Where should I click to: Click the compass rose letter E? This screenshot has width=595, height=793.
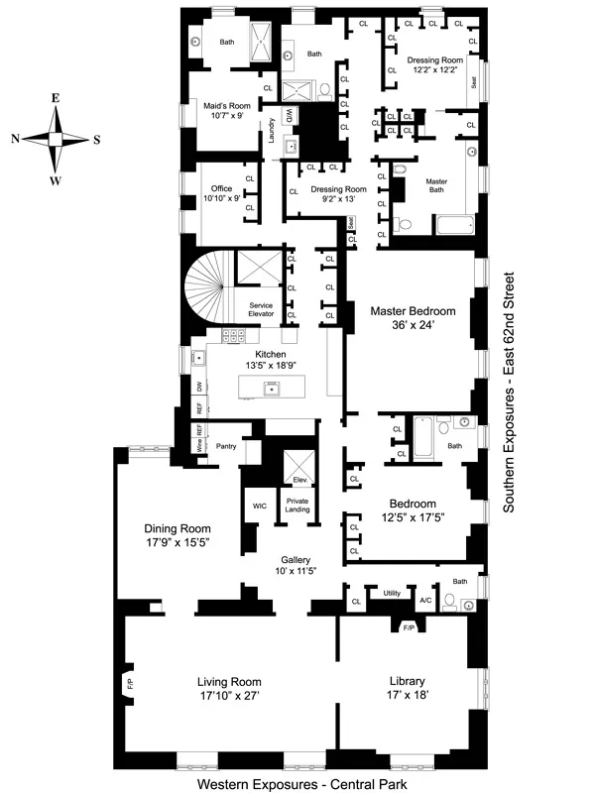pos(57,98)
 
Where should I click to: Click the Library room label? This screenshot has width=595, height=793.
pos(408,681)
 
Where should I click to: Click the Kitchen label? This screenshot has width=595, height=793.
pos(270,354)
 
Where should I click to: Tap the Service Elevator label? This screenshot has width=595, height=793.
pos(261,309)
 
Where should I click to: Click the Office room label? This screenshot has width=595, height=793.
pos(221,186)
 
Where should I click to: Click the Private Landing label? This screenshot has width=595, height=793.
pos(297,506)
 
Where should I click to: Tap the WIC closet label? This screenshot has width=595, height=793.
pos(260,506)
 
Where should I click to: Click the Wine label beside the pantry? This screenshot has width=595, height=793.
pos(199,445)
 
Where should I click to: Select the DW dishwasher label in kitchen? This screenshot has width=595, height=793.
pos(199,387)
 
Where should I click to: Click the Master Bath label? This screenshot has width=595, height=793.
pos(437,186)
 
